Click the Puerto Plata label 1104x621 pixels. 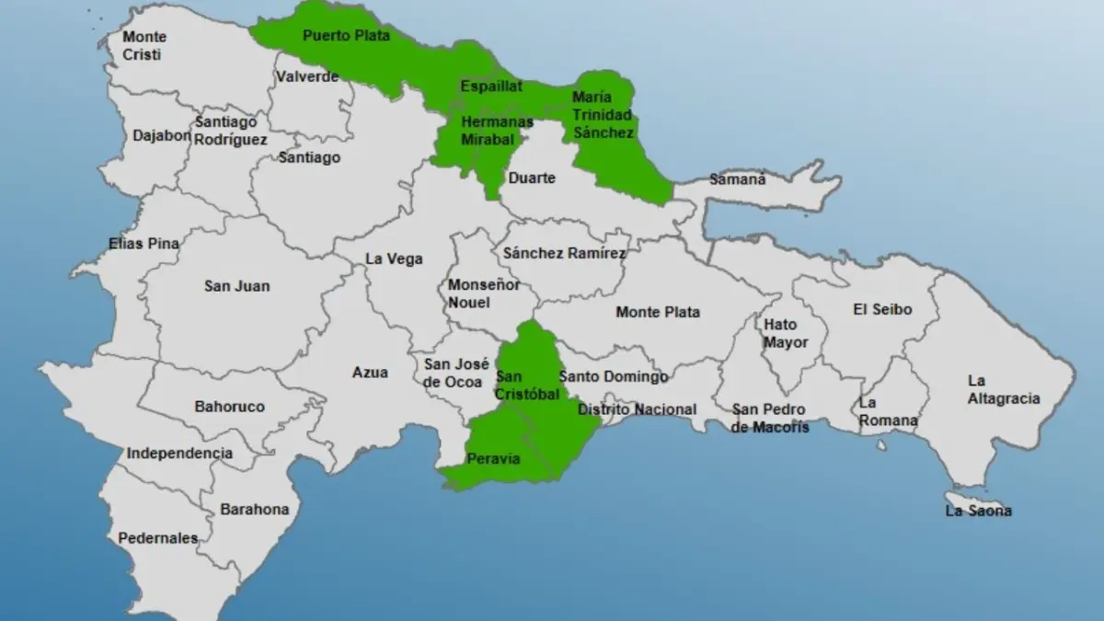tap(347, 36)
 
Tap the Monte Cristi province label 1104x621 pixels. tap(144, 46)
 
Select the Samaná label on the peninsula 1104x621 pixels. tap(736, 179)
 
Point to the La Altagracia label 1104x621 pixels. tap(1003, 389)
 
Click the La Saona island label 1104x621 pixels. tap(978, 510)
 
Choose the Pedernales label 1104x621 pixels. tap(157, 538)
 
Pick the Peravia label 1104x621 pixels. tap(493, 458)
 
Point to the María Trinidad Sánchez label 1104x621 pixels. tap(603, 114)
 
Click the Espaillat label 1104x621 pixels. tap(491, 86)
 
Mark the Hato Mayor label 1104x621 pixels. tap(786, 333)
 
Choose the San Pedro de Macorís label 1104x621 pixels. tap(770, 418)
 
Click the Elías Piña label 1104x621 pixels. tap(143, 244)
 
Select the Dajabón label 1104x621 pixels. tap(162, 135)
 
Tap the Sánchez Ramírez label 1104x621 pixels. tap(564, 253)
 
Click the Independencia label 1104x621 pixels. tap(179, 453)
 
